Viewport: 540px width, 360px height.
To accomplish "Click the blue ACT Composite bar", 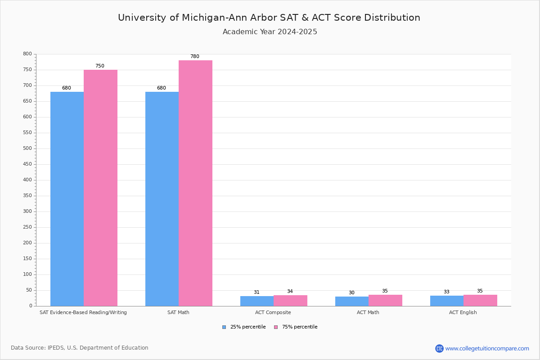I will (257, 301).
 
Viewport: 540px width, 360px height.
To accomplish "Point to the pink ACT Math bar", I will (385, 301).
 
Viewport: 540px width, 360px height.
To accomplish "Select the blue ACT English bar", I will (447, 301).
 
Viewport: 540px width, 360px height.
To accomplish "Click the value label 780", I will (194, 57).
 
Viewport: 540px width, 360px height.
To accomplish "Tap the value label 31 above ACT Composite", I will (256, 292).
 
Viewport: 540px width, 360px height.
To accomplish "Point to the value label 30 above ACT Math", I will (351, 293).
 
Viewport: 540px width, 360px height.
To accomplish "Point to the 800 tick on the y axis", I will (27, 54).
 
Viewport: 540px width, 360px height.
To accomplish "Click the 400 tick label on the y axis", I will (27, 180).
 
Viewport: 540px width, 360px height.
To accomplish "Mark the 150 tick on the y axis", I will (27, 259).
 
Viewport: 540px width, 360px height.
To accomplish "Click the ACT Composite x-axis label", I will (273, 313).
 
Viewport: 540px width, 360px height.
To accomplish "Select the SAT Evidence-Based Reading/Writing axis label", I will (83, 313).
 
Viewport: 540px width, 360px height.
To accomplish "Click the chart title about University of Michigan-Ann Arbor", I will (269, 18).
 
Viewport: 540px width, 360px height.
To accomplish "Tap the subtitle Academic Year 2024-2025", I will (270, 32).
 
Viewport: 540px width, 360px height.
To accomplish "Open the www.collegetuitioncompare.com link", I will (487, 348).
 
